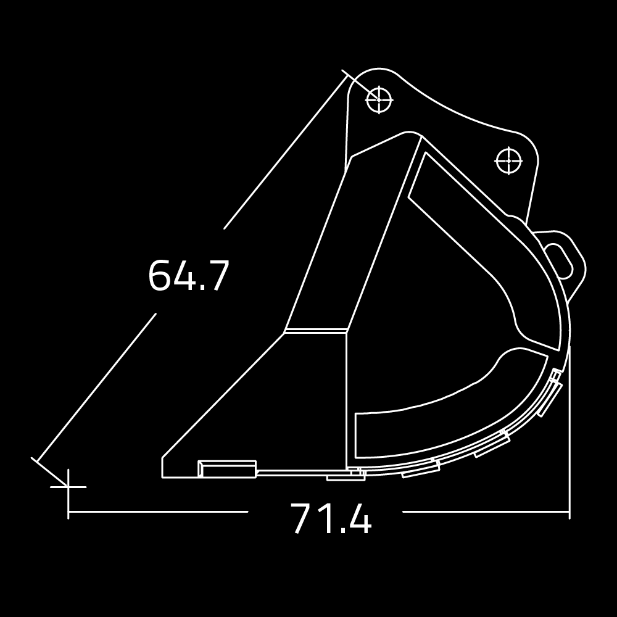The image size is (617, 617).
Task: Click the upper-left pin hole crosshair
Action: coord(379,100)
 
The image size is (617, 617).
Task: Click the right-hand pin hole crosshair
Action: coord(509,160)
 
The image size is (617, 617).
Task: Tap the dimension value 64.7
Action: coord(188,275)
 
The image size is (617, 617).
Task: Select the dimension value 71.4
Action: coord(331,518)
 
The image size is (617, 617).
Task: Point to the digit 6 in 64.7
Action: coord(159,275)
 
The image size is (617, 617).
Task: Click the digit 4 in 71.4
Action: coord(360,518)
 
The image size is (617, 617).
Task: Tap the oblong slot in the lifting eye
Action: coord(558,261)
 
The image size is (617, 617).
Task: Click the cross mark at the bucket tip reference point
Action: coord(68,487)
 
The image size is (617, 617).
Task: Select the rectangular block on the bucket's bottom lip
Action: coord(227,469)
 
